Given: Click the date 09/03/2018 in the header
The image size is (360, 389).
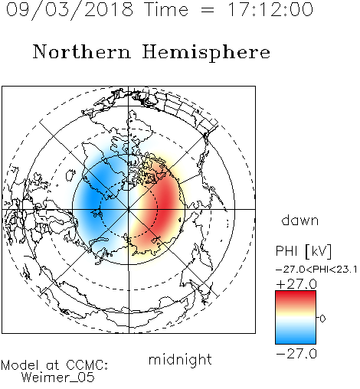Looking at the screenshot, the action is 70,10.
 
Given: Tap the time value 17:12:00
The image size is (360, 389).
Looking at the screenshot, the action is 270,9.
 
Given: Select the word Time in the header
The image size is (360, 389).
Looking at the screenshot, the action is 166,9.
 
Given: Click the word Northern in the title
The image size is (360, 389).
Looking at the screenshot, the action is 82,51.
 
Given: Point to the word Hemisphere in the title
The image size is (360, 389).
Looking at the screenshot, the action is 206,53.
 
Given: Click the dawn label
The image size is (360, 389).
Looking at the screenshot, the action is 300,220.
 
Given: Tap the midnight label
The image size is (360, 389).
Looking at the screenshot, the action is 180,359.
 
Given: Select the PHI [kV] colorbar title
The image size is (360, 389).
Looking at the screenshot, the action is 303,251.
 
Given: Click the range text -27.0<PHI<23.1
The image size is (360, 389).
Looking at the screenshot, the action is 316,270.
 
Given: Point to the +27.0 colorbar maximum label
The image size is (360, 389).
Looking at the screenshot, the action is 296,284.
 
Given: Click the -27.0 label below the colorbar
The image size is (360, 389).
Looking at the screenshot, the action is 296,354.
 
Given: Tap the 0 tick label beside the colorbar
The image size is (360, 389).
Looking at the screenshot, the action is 322,319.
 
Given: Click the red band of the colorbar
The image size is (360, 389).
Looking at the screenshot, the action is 296,297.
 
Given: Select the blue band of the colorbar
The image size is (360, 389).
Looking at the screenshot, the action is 296,338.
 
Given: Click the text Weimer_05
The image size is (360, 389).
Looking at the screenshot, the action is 58,378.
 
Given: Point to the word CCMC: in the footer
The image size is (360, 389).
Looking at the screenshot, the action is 87,365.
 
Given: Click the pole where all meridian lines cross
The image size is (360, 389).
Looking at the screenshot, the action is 129,209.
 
